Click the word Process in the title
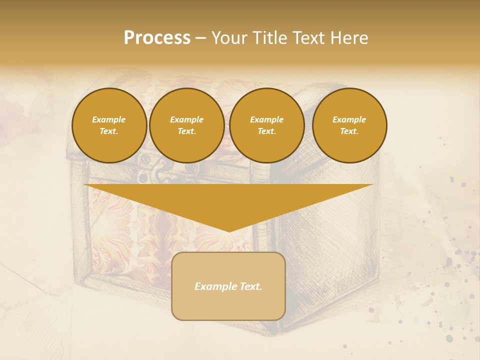tap(157, 38)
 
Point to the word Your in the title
tap(231, 38)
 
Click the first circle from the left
tap(109, 125)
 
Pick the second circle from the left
tap(186, 125)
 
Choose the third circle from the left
tap(266, 125)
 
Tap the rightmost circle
tap(349, 125)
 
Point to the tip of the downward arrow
tap(229, 230)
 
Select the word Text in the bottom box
tap(250, 286)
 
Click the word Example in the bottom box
tap(215, 286)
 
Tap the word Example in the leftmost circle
tap(109, 119)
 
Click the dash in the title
tap(201, 38)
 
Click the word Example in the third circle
tap(266, 119)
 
